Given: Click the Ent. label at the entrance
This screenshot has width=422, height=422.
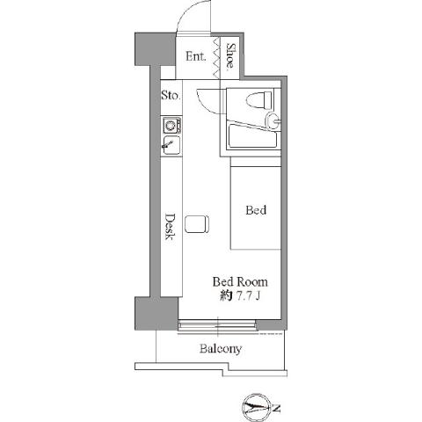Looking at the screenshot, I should point(195,57).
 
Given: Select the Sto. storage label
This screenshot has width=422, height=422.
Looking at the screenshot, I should point(170,96).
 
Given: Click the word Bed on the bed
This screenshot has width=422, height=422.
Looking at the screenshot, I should point(256,211).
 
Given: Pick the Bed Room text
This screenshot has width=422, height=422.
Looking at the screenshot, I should point(239,282).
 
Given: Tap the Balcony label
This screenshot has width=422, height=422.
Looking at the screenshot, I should point(220,349).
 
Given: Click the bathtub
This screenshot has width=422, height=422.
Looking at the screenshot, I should point(252,137).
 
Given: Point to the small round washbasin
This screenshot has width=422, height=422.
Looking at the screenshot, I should point(274,120).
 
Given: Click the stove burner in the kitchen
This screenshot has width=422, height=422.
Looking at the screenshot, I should point(170,125).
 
